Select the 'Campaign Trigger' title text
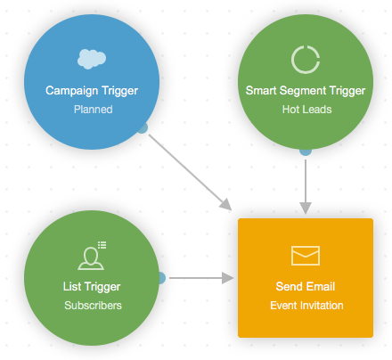pyautogui.click(x=92, y=90)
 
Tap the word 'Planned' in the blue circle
pyautogui.click(x=92, y=110)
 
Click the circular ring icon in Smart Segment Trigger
pyautogui.click(x=305, y=59)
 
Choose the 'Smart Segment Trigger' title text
pyautogui.click(x=305, y=90)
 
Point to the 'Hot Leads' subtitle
pyautogui.click(x=305, y=110)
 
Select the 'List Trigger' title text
pyautogui.click(x=92, y=286)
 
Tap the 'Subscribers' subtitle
pyautogui.click(x=92, y=306)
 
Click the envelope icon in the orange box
pyautogui.click(x=305, y=256)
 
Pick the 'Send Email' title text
pyautogui.click(x=305, y=286)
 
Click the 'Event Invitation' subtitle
pyautogui.click(x=305, y=306)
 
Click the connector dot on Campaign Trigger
pyautogui.click(x=142, y=127)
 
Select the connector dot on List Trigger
pyautogui.click(x=160, y=278)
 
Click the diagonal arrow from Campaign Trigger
pyautogui.click(x=187, y=170)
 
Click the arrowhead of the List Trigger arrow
pyautogui.click(x=229, y=278)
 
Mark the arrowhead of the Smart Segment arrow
pyautogui.click(x=305, y=208)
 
